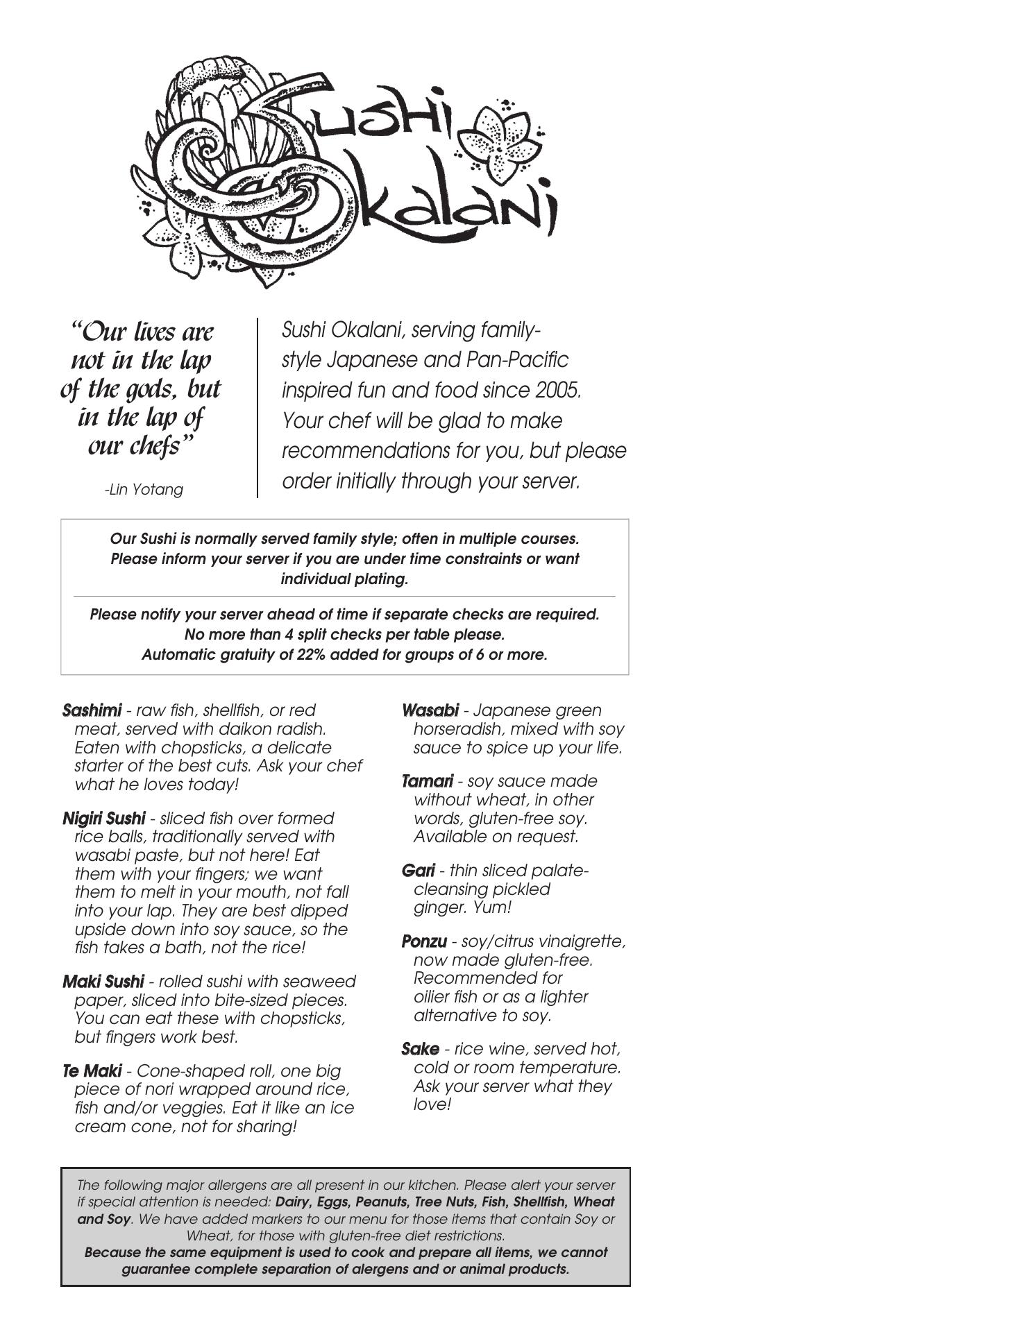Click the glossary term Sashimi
click(92, 710)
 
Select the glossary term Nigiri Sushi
click(104, 819)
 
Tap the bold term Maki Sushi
click(103, 982)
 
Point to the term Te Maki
click(92, 1071)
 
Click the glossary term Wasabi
click(430, 710)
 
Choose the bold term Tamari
click(428, 781)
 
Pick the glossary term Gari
click(418, 871)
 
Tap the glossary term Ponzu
click(424, 941)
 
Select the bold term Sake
click(420, 1049)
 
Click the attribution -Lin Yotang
click(144, 490)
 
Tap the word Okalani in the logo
click(451, 201)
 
